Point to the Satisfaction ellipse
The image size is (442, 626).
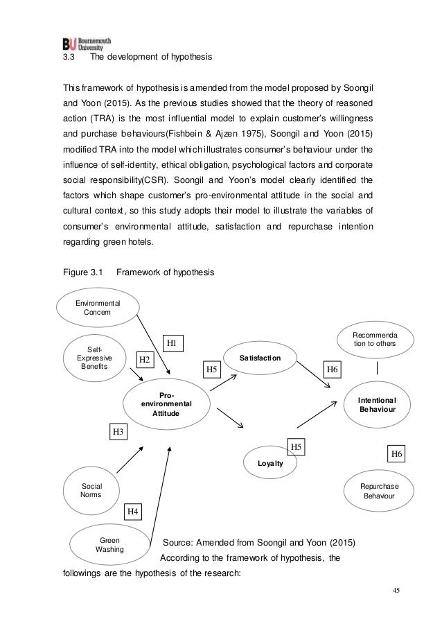[x=260, y=358]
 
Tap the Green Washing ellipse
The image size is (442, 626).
[x=109, y=545]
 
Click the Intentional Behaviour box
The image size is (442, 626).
[x=378, y=405]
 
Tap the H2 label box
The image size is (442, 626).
[x=145, y=359]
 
